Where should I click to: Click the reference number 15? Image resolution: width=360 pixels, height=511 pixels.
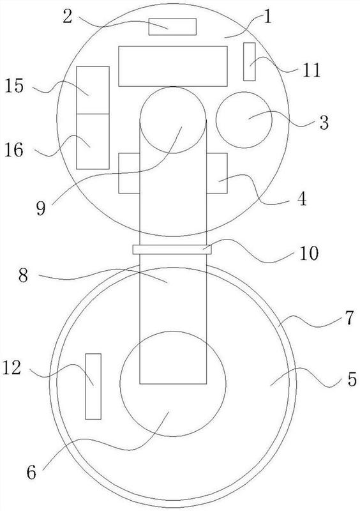pyautogui.click(x=14, y=86)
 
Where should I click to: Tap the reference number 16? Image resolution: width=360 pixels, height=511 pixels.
pyautogui.click(x=14, y=150)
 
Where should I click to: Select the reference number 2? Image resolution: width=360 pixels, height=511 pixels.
pyautogui.click(x=68, y=17)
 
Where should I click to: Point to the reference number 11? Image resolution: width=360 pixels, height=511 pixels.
pyautogui.click(x=311, y=70)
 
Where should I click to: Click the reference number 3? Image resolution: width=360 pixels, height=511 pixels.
pyautogui.click(x=324, y=123)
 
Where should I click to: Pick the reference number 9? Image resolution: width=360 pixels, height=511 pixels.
pyautogui.click(x=41, y=208)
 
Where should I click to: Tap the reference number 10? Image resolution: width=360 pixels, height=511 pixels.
pyautogui.click(x=309, y=253)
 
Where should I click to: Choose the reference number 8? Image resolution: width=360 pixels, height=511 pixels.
pyautogui.click(x=23, y=276)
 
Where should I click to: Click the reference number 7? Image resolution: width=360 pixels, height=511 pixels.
pyautogui.click(x=349, y=317)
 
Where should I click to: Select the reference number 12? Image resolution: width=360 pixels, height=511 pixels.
pyautogui.click(x=11, y=368)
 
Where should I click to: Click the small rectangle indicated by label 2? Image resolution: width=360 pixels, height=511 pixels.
pyautogui.click(x=173, y=27)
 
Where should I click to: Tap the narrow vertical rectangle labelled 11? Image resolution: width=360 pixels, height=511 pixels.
pyautogui.click(x=249, y=61)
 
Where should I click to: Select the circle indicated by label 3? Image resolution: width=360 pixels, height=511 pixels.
pyautogui.click(x=244, y=120)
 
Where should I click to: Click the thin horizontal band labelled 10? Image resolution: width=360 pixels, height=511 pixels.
pyautogui.click(x=172, y=250)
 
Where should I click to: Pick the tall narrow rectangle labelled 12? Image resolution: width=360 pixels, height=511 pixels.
pyautogui.click(x=93, y=386)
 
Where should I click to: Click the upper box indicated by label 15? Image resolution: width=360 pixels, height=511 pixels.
pyautogui.click(x=93, y=90)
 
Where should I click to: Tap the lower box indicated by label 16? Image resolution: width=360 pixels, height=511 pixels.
pyautogui.click(x=93, y=141)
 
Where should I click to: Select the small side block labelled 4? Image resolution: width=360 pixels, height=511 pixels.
pyautogui.click(x=217, y=173)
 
